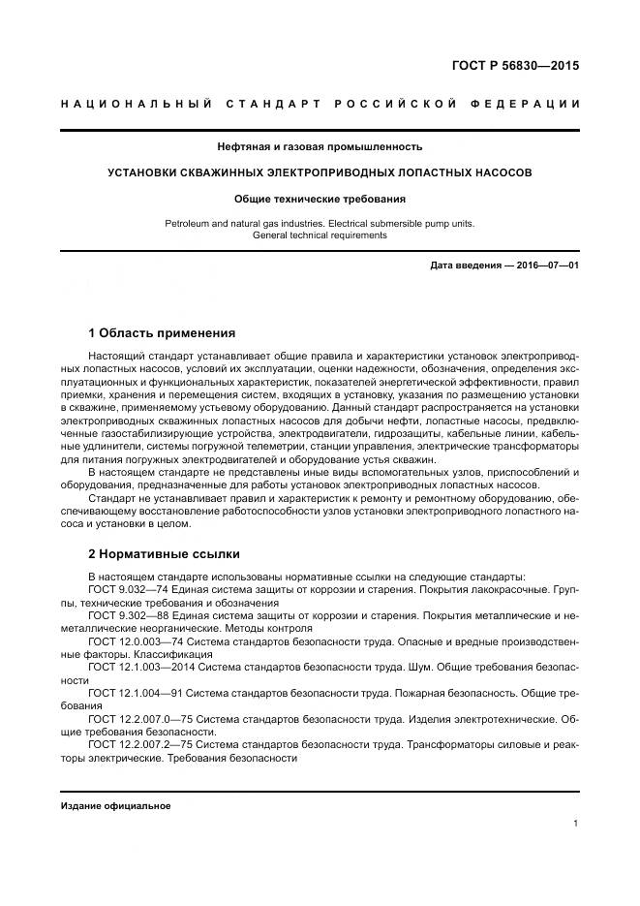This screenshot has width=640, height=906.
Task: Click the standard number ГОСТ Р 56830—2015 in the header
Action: click(524, 67)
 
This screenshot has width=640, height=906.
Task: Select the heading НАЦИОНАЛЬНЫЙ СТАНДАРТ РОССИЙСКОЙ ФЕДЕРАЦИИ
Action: click(320, 104)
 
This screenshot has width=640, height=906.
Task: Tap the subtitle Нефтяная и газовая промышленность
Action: click(320, 147)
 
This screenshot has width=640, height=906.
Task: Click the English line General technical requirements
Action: click(320, 234)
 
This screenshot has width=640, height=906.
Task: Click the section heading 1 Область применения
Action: click(161, 331)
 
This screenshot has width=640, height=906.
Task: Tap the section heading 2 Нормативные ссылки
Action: click(164, 554)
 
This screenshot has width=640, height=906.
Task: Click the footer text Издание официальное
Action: click(115, 806)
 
